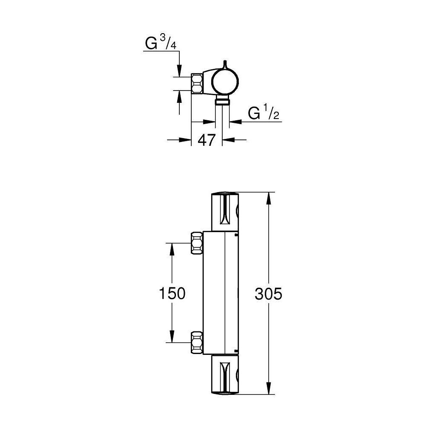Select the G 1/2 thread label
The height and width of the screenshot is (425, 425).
(264, 113)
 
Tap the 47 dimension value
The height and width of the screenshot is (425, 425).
(207, 140)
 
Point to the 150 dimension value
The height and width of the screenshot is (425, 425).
(172, 293)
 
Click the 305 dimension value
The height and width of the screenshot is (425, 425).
(269, 293)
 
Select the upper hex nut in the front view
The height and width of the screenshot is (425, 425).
(197, 243)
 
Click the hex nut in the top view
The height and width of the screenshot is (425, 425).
(197, 84)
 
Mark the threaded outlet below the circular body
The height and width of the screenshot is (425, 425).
(222, 101)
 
